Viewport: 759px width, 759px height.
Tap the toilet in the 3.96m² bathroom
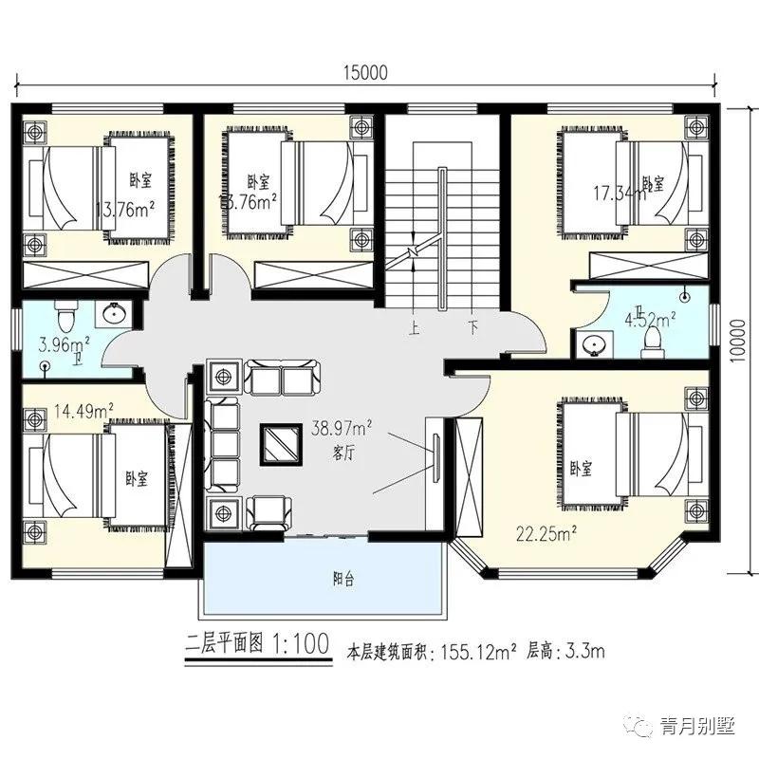(x=65, y=312)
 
